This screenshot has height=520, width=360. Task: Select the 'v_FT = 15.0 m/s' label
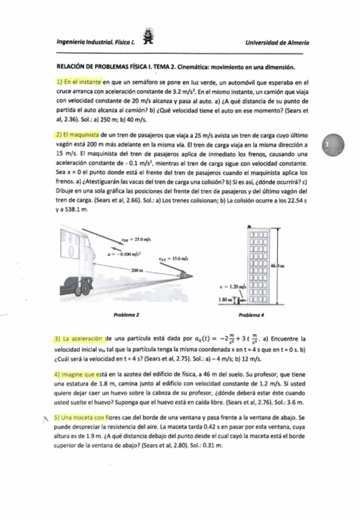174,260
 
